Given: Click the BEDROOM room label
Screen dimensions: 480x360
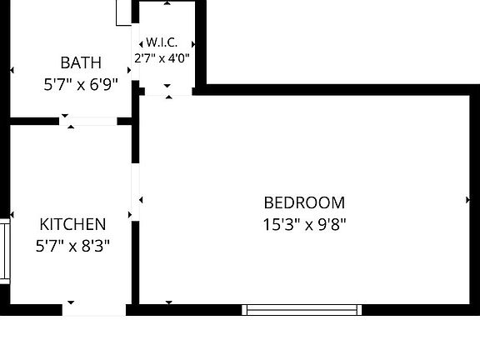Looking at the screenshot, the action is [304, 202].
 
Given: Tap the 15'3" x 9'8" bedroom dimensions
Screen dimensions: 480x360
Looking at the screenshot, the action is [304, 225].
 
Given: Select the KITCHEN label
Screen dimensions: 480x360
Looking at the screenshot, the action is [72, 224].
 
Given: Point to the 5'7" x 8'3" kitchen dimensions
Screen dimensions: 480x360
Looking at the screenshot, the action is [72, 246].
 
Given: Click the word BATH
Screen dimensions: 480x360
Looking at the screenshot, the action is [81, 62].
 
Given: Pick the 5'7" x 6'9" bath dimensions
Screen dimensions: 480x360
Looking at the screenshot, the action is [81, 84].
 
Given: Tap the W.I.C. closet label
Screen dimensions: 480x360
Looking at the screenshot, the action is [162, 42].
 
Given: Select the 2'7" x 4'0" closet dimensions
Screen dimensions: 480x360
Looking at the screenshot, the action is [162, 57].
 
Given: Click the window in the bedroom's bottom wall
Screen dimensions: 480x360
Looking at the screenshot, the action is [302, 310].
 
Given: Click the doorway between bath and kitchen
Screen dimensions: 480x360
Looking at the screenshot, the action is [88, 121].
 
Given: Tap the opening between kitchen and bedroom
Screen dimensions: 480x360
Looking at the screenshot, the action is [136, 192].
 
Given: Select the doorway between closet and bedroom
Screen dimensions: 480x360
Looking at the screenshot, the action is [168, 91].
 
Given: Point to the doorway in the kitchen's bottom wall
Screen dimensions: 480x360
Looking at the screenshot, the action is [94, 310].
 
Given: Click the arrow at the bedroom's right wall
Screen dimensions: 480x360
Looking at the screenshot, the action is [467, 200].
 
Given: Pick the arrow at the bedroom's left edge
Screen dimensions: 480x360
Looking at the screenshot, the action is [141, 200].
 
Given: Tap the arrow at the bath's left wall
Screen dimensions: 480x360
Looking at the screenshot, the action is [12, 70].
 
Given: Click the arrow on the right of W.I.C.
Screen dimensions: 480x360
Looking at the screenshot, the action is [193, 44].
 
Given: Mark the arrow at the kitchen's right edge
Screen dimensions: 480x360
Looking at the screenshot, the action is [130, 215].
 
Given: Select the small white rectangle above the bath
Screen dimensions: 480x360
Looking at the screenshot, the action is [123, 12].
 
